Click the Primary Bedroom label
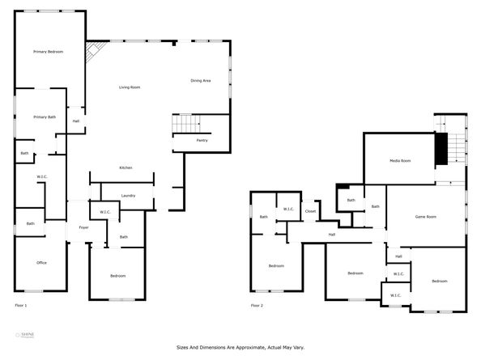[48, 52]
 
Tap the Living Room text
[130, 87]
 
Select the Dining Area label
[201, 81]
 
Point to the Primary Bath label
[45, 117]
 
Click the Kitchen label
[126, 167]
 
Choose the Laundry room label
[128, 195]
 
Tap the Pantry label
[202, 140]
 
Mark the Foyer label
[83, 228]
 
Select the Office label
[41, 263]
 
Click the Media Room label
[400, 161]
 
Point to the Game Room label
[426, 217]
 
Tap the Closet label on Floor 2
[310, 211]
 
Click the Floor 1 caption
[21, 305]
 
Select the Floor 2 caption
[257, 305]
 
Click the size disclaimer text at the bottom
[240, 347]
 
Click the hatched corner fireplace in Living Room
[95, 49]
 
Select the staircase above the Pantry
[187, 124]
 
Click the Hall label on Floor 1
[76, 121]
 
